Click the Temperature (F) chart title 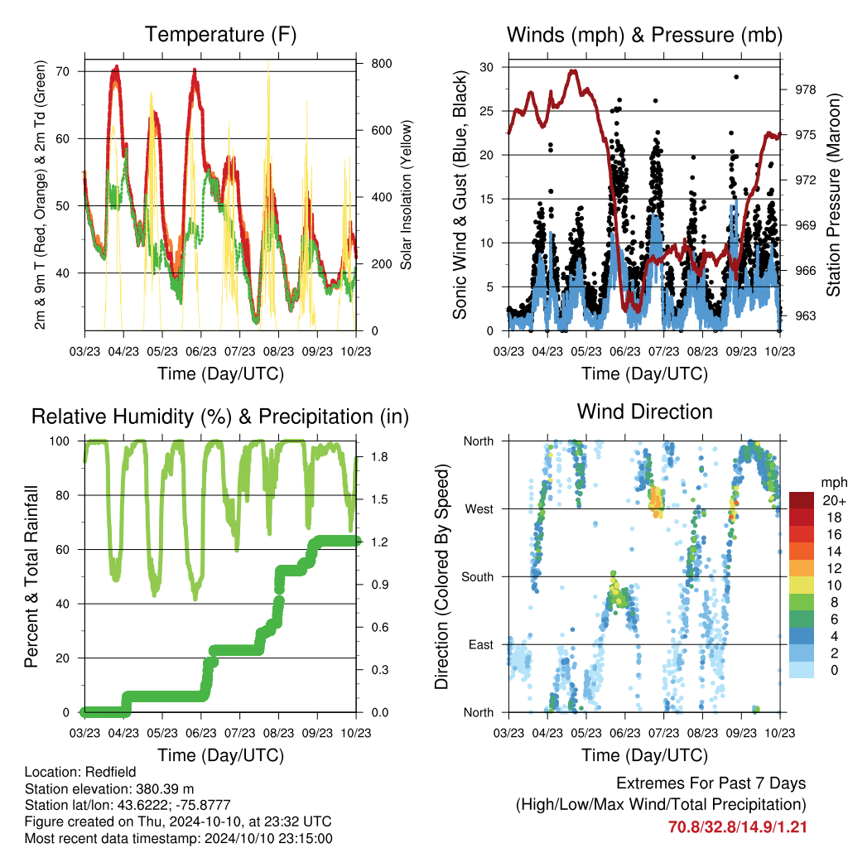point(220,35)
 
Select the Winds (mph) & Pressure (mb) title point(644,35)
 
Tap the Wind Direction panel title point(644,412)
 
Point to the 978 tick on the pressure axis point(805,89)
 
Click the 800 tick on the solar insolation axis point(381,64)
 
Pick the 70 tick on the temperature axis point(62,71)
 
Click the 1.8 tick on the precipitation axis point(379,457)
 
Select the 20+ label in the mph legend point(833,500)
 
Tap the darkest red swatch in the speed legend point(802,500)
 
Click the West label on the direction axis point(479,509)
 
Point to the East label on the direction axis point(481,644)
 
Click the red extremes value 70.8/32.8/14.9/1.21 point(737,827)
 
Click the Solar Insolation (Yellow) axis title point(406,195)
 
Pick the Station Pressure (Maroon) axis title point(833,195)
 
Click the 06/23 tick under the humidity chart point(201,733)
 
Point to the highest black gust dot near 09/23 point(736,77)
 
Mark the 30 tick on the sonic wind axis point(486,67)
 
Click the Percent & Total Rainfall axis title point(31,576)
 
